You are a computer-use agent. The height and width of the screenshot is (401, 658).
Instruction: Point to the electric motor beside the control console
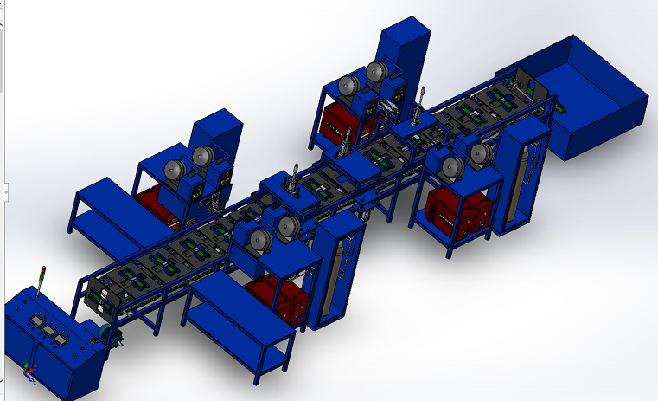(107, 336)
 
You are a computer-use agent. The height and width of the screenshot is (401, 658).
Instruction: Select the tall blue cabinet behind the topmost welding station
(405, 52)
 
